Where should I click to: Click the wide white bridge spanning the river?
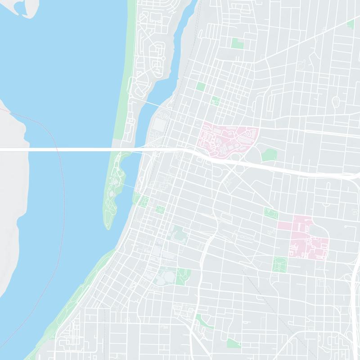tap(67, 149)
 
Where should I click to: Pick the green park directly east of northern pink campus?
tap(269, 155)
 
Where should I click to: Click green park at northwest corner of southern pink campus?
tap(271, 214)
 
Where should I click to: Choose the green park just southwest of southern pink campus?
tap(280, 264)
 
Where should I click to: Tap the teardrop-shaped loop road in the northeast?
tap(335, 102)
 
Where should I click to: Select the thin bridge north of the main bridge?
tap(148, 103)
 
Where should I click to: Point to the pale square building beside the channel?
tap(160, 124)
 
